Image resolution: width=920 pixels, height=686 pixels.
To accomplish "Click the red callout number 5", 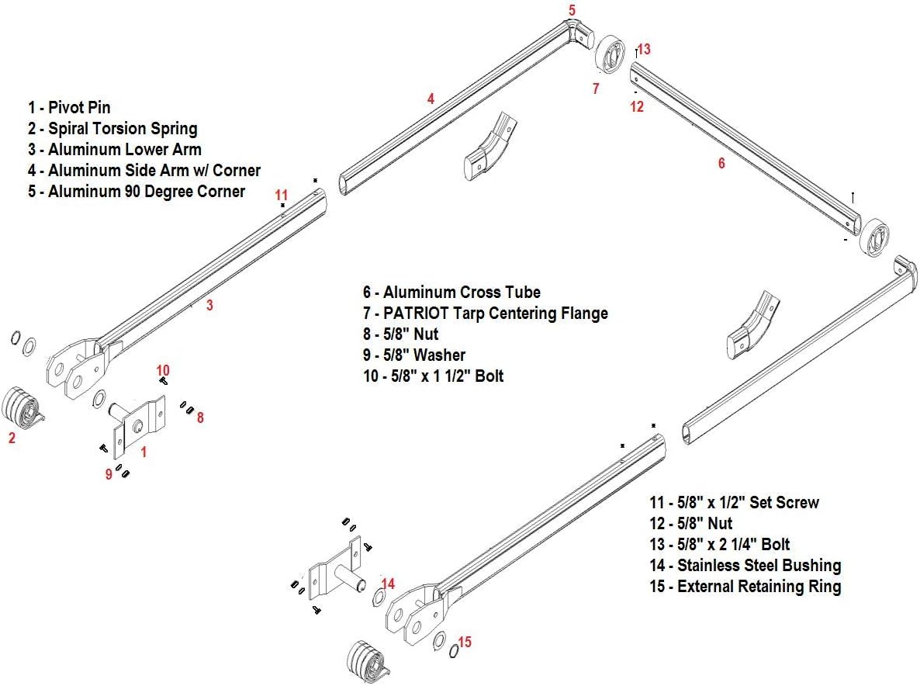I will [x=572, y=10].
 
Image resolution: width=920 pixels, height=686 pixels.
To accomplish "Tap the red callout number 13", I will [x=644, y=49].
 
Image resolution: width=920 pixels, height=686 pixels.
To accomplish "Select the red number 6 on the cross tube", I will [x=721, y=163].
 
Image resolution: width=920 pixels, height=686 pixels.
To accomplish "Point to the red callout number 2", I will [x=12, y=438].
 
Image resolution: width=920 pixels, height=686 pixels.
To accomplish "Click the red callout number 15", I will [x=465, y=642].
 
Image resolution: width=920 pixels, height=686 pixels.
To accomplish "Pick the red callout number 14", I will [x=389, y=584].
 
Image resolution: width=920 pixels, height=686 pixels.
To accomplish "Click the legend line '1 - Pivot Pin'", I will [x=74, y=108].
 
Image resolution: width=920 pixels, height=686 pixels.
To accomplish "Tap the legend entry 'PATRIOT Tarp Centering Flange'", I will [x=485, y=314].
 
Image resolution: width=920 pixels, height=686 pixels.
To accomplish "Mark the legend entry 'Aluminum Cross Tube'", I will [x=451, y=293].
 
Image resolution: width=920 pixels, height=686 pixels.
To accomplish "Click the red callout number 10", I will [x=163, y=370].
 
